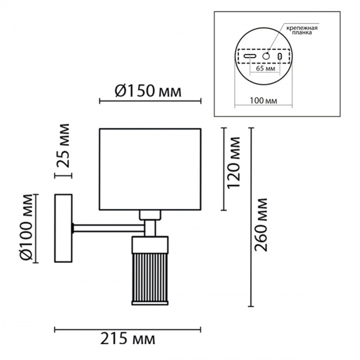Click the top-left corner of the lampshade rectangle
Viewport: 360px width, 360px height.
click(99, 129)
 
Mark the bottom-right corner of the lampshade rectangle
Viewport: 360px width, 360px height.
click(201, 210)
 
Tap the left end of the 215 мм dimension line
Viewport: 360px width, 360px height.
click(55, 330)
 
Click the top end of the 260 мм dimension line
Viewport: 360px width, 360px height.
click(251, 128)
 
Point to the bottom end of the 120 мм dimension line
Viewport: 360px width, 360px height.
click(224, 210)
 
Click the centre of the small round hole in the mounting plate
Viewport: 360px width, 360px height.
click(266, 56)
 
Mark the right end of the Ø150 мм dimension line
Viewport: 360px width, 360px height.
click(201, 101)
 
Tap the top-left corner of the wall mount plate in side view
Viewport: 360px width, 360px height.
click(55, 195)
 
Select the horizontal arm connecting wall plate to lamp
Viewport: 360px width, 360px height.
click(109, 228)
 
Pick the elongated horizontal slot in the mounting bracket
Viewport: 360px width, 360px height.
click(250, 56)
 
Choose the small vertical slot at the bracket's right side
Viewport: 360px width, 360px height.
click(280, 56)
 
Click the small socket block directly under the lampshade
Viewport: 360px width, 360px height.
click(150, 215)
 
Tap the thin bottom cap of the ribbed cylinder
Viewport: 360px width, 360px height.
click(150, 303)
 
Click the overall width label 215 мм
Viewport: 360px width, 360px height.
click(128, 339)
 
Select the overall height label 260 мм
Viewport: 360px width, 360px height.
click(261, 225)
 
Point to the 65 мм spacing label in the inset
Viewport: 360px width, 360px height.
click(265, 68)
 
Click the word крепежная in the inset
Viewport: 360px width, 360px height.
click(302, 28)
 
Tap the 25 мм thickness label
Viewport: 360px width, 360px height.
click(63, 145)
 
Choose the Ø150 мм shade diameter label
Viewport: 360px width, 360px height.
click(148, 91)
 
